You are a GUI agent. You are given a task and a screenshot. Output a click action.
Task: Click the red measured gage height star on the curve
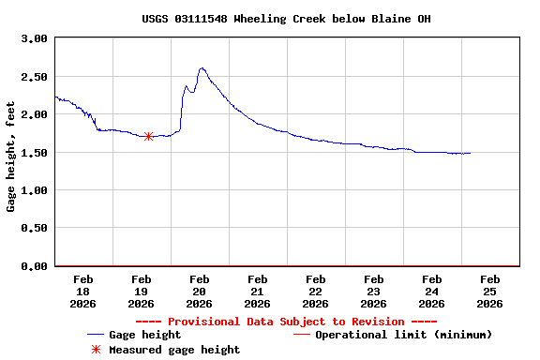(x=149, y=136)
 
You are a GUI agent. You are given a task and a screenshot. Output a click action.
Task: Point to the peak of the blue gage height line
(x=202, y=67)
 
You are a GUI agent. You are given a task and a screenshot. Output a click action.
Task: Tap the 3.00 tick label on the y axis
(x=34, y=38)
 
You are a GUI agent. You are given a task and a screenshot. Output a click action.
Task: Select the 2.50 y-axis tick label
(x=34, y=77)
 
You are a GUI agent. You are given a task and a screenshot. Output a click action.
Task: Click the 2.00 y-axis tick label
(x=34, y=114)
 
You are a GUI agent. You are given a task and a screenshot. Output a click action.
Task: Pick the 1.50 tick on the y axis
(x=34, y=153)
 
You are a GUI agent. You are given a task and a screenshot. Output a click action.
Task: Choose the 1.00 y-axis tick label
(x=34, y=190)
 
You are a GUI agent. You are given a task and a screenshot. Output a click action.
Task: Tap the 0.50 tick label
(x=34, y=229)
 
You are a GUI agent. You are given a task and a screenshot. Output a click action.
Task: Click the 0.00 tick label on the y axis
(x=34, y=266)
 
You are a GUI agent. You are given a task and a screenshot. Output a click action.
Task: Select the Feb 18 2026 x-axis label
(x=83, y=291)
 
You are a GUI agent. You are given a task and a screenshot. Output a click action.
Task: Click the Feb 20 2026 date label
(x=200, y=291)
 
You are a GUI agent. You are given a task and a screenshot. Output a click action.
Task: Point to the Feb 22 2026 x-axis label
(x=316, y=291)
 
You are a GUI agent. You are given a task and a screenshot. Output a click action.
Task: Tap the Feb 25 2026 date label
(x=490, y=291)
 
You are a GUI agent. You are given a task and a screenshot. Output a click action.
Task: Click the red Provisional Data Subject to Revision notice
(x=287, y=321)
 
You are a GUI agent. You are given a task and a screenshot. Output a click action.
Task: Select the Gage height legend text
(x=144, y=335)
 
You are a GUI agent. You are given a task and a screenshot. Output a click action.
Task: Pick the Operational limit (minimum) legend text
(x=403, y=335)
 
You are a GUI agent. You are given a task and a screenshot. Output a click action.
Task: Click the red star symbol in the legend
(x=96, y=350)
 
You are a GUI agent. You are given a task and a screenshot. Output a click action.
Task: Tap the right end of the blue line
(x=470, y=153)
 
